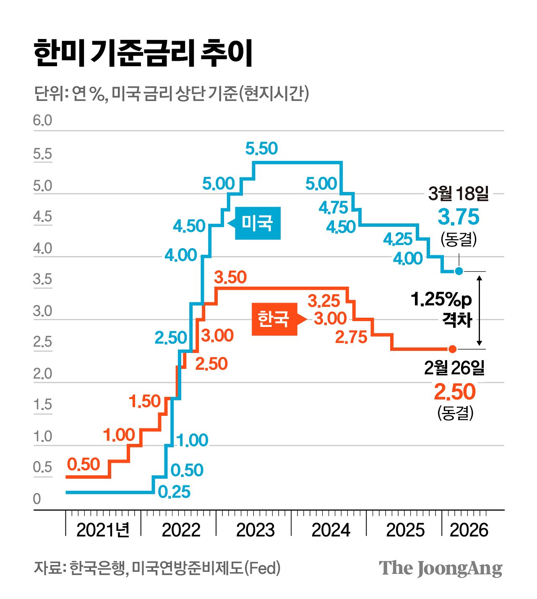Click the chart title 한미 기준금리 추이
[143, 53]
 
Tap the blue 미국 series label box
[257, 223]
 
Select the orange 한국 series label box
[274, 319]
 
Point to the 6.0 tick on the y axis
[42, 121]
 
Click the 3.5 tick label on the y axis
[42, 280]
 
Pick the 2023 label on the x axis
[255, 530]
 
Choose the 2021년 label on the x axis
[103, 530]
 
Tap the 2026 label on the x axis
[469, 530]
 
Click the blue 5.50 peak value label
[261, 149]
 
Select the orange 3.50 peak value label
[230, 277]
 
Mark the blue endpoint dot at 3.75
[459, 271]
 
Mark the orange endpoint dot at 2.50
[452, 349]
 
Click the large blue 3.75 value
[458, 217]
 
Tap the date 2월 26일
[454, 368]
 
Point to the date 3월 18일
[459, 194]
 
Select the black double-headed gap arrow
[479, 310]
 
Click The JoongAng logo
[440, 568]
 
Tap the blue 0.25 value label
[174, 492]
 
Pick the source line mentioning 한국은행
[157, 568]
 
